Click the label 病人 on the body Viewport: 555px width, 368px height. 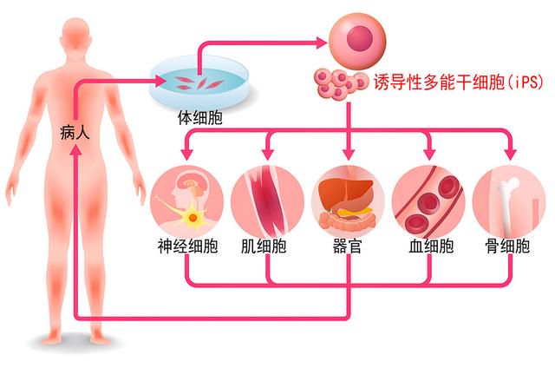tap(75, 133)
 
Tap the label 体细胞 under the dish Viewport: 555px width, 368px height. tap(200, 117)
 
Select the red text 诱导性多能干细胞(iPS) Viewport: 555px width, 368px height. tap(459, 82)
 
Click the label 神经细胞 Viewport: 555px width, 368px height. tap(187, 246)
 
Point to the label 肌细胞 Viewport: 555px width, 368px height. tap(264, 246)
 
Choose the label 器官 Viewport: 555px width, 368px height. tap(347, 246)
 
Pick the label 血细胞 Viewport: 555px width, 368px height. tap(431, 246)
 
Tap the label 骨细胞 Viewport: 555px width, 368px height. tap(507, 246)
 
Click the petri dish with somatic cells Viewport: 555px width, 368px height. tap(199, 82)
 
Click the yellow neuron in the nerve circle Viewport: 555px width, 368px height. tap(193, 217)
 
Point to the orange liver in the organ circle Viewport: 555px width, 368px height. tap(345, 193)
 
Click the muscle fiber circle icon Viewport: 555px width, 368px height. tap(268, 202)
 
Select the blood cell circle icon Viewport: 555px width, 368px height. tap(428, 202)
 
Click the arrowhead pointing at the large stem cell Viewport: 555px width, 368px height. tap(322, 43)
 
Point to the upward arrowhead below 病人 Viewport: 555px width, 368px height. tap(75, 150)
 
